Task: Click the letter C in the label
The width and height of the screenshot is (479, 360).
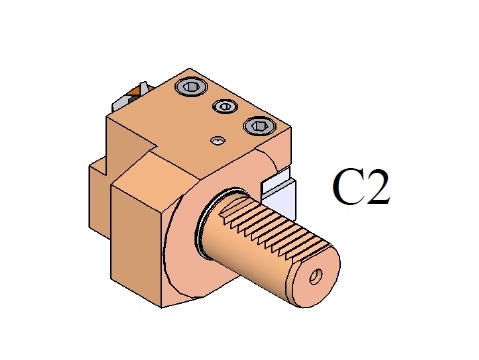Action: [x=348, y=187]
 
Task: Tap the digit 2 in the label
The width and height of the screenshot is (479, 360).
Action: [x=377, y=187]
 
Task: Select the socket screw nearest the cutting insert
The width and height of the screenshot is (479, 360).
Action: [x=191, y=87]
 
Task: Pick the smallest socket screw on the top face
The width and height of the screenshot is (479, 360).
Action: [x=225, y=106]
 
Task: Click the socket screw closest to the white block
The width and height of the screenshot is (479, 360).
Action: [x=260, y=126]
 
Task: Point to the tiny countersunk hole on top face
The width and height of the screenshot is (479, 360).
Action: [x=217, y=140]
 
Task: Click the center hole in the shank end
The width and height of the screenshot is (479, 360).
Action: [x=316, y=277]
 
